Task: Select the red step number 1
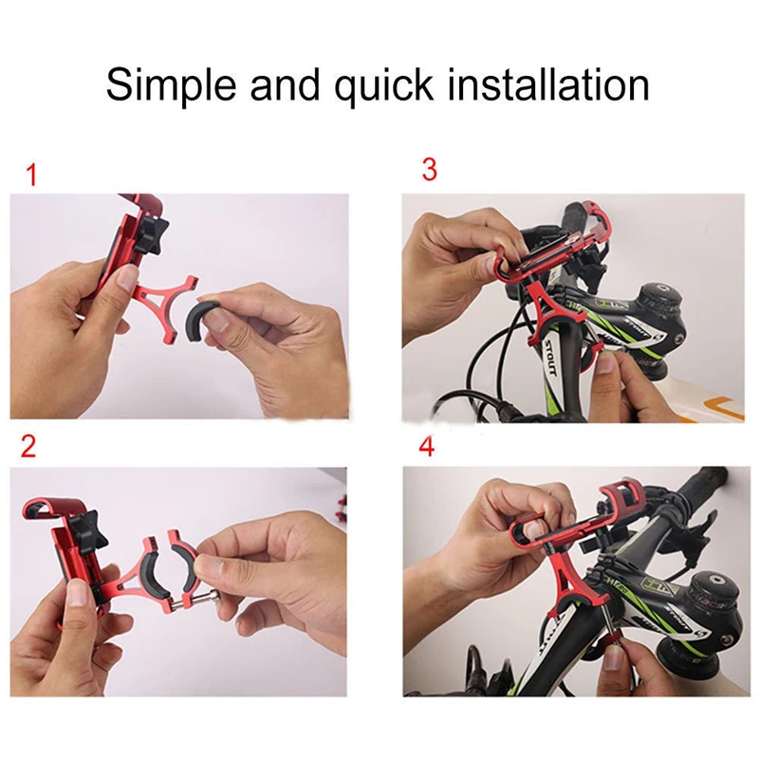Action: point(32,176)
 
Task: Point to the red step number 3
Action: point(430,170)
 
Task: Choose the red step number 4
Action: point(427,447)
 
